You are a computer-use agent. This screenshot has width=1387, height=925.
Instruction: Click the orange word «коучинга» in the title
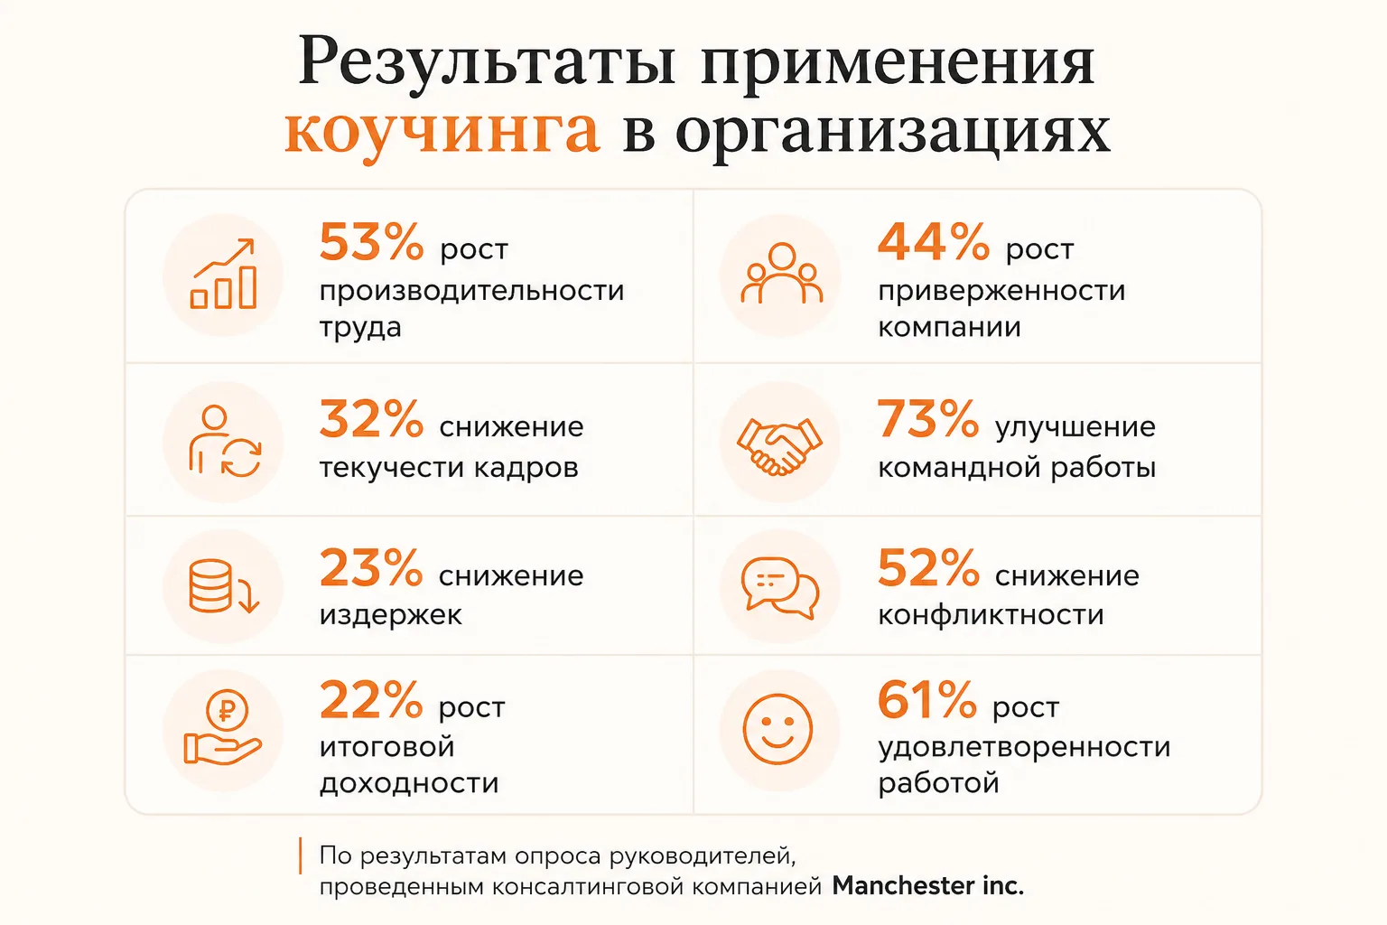[x=442, y=133]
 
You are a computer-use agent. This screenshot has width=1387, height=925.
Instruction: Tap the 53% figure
[x=371, y=242]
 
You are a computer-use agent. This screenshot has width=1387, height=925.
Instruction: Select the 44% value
[x=933, y=242]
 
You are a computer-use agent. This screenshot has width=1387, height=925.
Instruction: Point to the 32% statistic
[x=371, y=419]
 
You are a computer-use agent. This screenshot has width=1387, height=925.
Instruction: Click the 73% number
[x=928, y=419]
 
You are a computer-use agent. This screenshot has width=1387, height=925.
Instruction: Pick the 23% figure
[x=371, y=568]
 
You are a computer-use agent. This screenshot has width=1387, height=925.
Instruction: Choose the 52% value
[x=928, y=568]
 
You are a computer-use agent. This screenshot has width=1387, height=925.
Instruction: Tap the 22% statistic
[x=371, y=700]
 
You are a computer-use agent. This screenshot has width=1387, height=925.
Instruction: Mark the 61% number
[x=927, y=700]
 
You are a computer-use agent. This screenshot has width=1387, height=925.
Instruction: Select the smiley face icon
[x=777, y=729]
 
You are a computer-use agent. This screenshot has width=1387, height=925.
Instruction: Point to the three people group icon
[x=781, y=273]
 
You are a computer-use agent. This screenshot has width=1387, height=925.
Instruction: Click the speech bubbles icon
[x=780, y=587]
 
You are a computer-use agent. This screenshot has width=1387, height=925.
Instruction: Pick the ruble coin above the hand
[x=227, y=710]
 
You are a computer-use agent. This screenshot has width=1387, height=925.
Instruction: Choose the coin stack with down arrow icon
[x=224, y=586]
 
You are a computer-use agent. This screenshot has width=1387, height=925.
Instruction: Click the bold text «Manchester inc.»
[x=927, y=886]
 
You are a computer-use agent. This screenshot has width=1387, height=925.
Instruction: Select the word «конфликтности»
[x=991, y=615]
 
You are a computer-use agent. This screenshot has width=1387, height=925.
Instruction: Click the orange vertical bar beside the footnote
[x=301, y=855]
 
